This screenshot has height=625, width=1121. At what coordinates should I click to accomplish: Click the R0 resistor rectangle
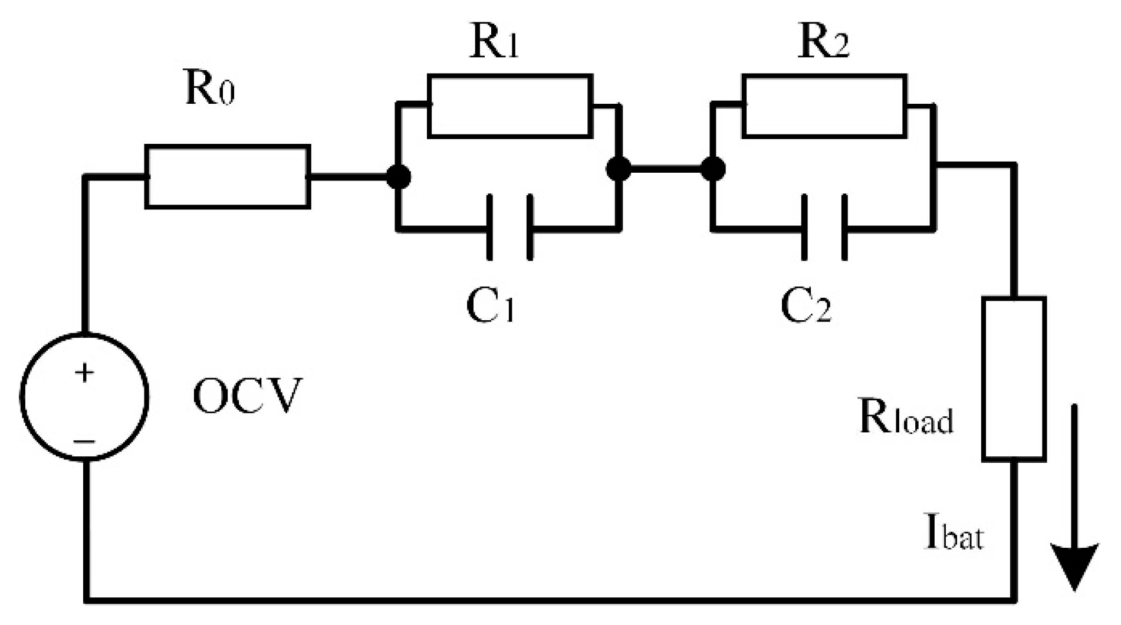228,176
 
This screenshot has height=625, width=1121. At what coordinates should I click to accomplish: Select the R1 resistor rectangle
510,106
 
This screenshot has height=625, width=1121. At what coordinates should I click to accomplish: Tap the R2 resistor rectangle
824,106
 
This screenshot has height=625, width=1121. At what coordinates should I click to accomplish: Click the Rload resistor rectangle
1014,379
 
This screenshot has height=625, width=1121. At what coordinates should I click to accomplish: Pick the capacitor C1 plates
510,228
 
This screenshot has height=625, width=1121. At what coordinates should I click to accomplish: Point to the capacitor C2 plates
824,228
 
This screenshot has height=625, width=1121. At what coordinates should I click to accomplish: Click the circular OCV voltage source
84,396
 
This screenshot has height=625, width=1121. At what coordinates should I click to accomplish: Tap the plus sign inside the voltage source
84,373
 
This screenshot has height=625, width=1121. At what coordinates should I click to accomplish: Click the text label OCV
247,396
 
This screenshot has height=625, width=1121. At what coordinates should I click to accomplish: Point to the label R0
209,91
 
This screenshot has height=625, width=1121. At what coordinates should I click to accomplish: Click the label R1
494,43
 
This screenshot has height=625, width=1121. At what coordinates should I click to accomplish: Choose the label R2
823,43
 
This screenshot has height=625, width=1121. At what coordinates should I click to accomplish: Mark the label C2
806,307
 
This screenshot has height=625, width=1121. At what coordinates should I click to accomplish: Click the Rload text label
906,419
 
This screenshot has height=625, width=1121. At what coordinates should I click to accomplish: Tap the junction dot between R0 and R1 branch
399,176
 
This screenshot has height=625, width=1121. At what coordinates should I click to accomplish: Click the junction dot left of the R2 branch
713,169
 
